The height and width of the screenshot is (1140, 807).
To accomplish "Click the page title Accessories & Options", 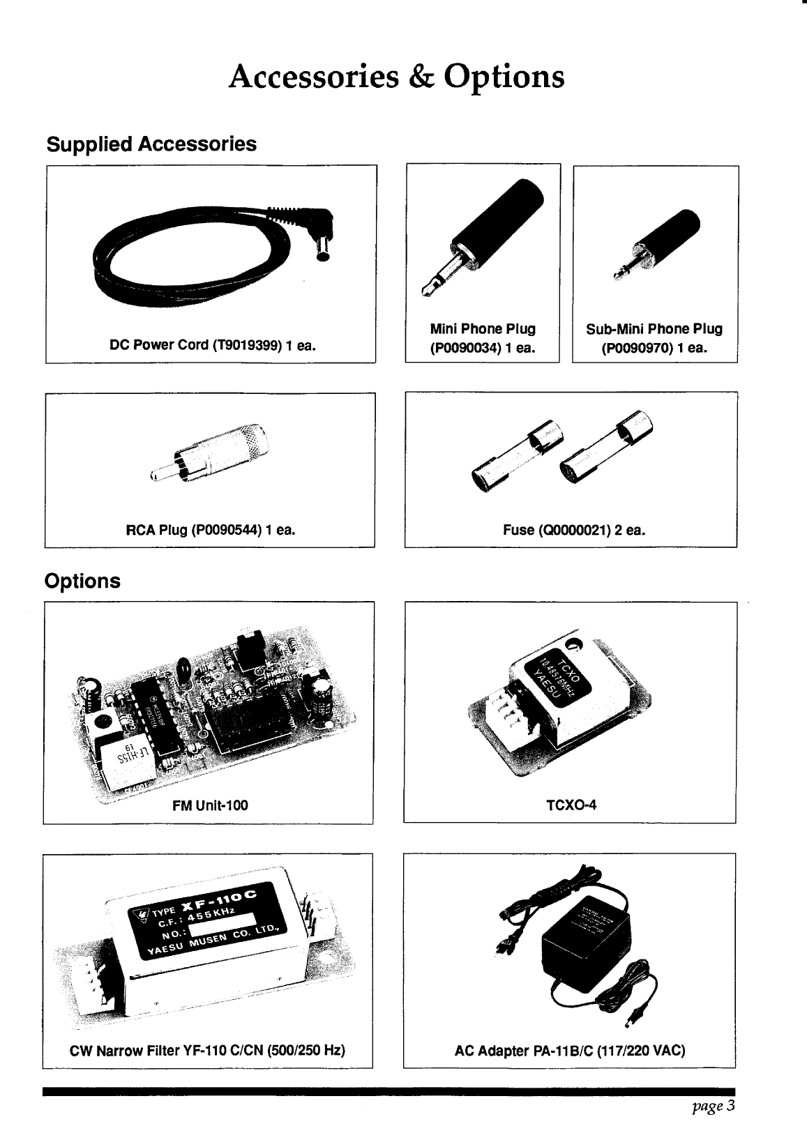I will pos(396,77).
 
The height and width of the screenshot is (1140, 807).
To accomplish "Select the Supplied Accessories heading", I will pos(151,144).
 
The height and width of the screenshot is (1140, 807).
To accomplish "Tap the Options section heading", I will pos(82,581).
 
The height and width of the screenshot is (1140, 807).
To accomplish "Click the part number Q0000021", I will pos(573,531).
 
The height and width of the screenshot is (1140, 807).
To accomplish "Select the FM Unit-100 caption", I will pos(210,806).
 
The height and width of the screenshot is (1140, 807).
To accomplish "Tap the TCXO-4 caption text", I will pos(571,806).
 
